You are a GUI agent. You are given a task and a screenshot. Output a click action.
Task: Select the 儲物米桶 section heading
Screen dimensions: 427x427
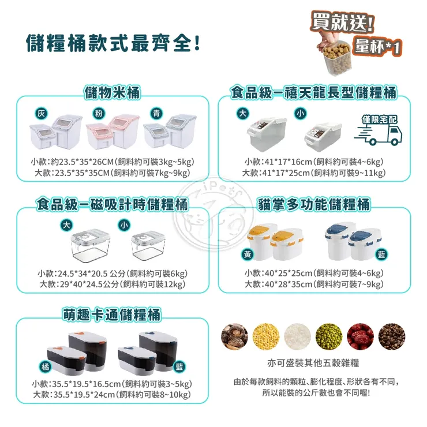(x=112, y=92)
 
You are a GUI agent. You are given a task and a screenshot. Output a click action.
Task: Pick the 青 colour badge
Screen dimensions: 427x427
(x=154, y=113)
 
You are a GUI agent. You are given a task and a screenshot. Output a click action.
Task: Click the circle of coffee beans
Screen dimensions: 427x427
(x=391, y=334)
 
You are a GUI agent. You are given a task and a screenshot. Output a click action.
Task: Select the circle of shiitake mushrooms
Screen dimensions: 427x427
(x=235, y=334)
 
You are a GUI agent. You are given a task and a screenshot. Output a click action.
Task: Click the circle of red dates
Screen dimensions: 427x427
(x=360, y=334)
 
